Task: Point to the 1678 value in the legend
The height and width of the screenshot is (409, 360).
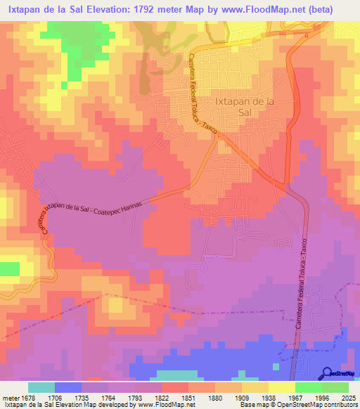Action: [x=29, y=397]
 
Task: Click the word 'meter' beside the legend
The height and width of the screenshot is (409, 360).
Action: [x=10, y=397]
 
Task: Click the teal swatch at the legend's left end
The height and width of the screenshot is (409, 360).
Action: [x=41, y=387]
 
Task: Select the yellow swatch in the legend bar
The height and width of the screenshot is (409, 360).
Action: [x=282, y=387]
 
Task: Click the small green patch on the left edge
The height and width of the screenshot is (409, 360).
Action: [x=9, y=268]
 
